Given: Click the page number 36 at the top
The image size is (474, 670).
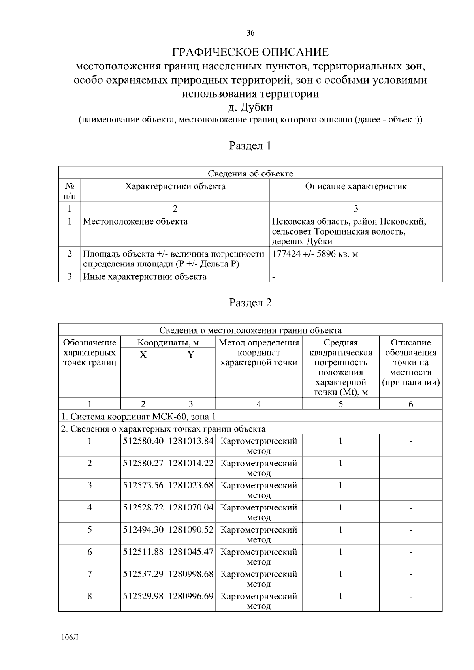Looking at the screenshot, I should [x=250, y=33].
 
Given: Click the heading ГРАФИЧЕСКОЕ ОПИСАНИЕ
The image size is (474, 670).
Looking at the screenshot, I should [x=250, y=52].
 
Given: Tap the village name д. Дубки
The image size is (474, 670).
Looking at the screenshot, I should [x=250, y=107].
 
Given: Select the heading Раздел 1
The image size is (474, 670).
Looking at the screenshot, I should [x=250, y=146].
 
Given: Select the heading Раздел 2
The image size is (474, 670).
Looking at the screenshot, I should [x=250, y=303].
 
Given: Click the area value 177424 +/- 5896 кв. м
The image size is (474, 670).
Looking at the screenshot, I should [x=315, y=254].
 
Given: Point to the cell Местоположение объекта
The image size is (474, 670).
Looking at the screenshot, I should [x=135, y=221].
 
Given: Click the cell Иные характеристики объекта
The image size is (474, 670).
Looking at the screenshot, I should [x=145, y=276].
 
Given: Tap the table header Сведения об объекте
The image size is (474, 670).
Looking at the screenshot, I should [x=250, y=173].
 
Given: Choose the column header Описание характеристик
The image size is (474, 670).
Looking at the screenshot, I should [x=355, y=186].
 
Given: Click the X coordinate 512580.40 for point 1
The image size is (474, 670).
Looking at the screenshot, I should [x=143, y=441].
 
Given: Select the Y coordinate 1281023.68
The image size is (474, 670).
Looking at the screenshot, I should [x=191, y=485].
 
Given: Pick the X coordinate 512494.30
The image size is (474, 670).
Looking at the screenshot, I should [x=143, y=529].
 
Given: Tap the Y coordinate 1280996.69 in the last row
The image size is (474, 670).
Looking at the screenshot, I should [x=191, y=596].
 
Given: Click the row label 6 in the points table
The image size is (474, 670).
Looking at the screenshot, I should [x=90, y=552].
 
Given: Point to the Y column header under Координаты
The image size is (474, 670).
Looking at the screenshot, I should [x=191, y=355].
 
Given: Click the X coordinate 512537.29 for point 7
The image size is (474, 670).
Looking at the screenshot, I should [x=143, y=574].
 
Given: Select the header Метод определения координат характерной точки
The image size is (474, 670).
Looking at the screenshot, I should [x=259, y=352].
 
